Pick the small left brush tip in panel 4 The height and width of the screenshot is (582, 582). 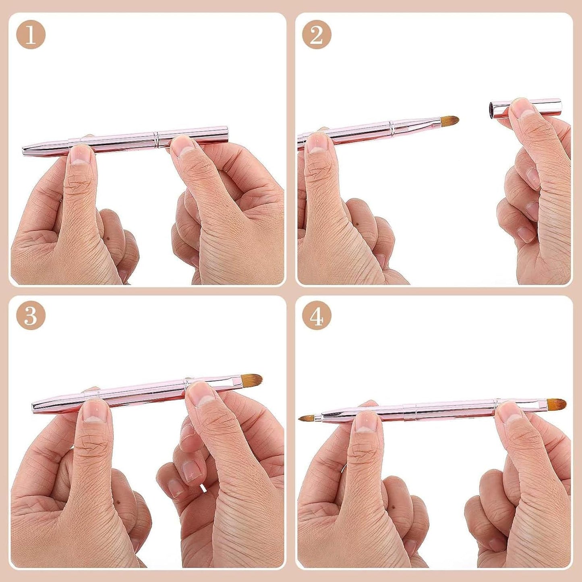pyautogui.click(x=306, y=418)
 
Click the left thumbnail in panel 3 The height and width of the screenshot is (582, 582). pyautogui.click(x=94, y=411)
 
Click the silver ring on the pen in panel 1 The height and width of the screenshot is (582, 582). pyautogui.click(x=156, y=139)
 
